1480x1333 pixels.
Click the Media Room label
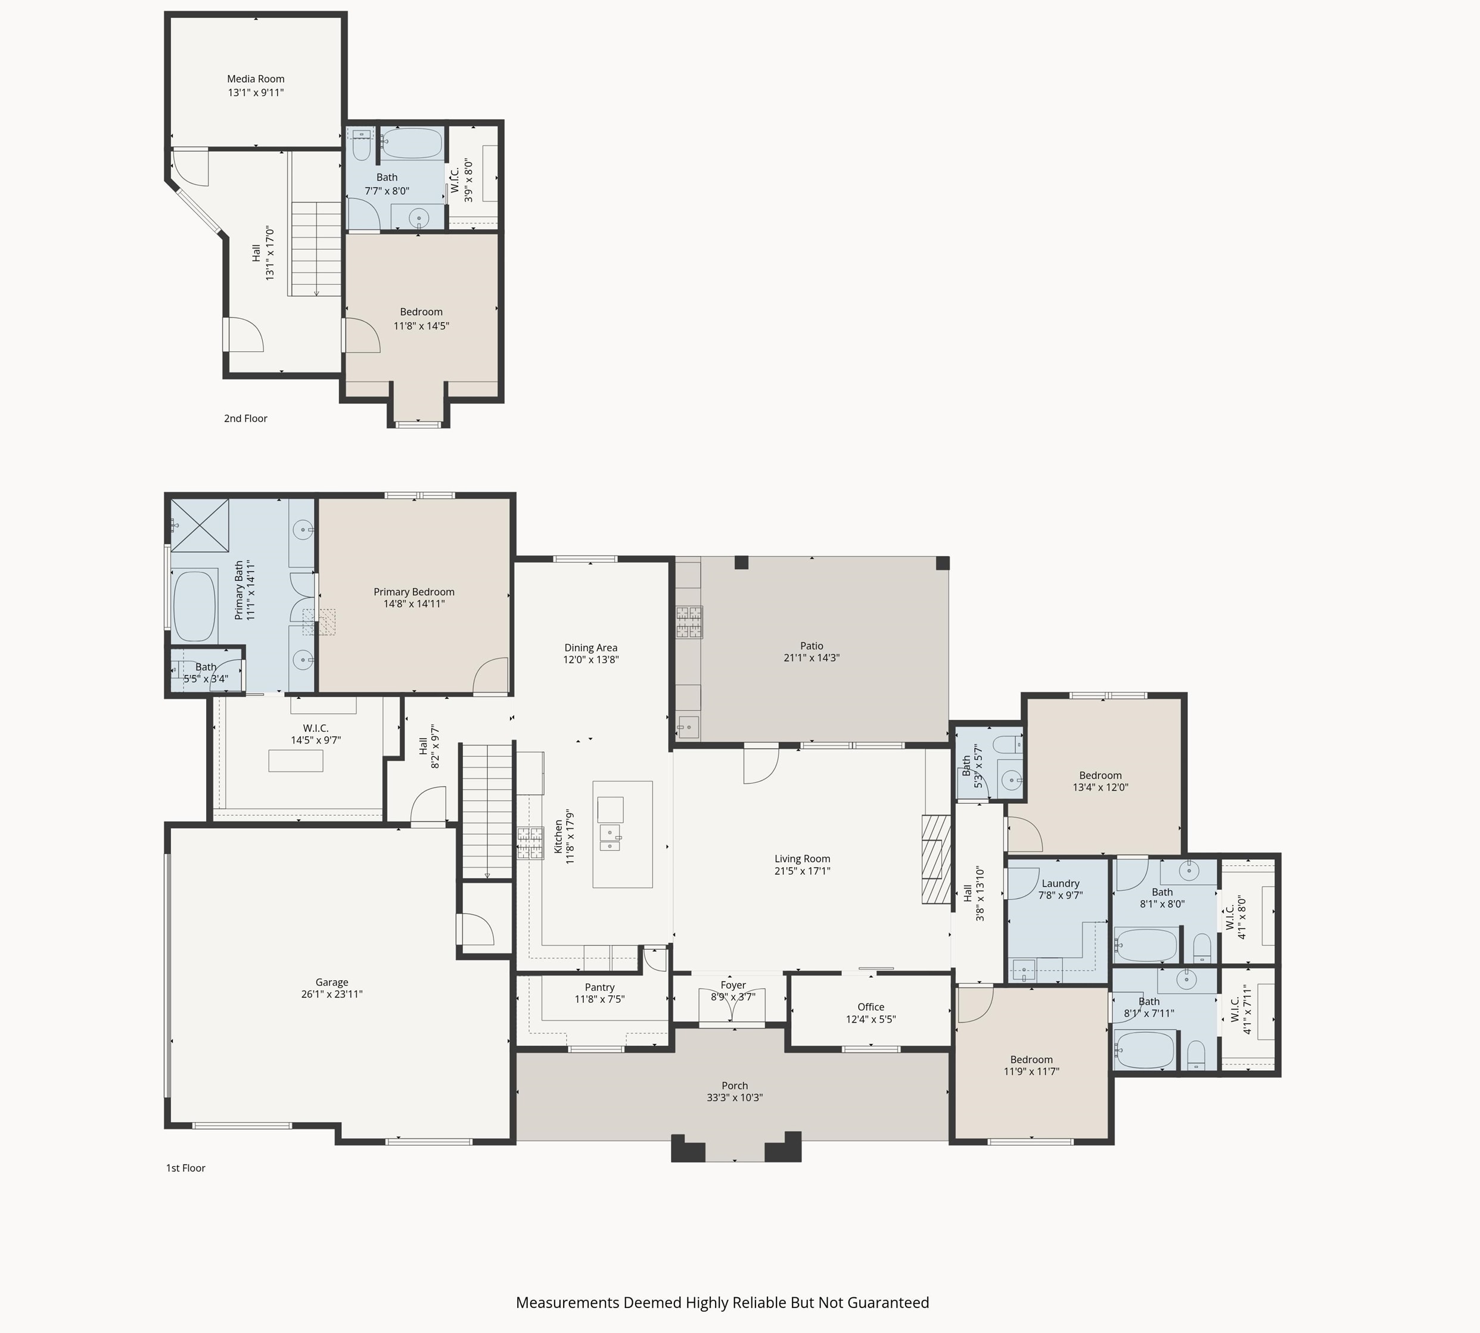(256, 79)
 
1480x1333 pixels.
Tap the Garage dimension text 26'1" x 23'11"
(332, 994)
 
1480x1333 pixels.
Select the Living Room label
(803, 859)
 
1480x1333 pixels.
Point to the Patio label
(811, 646)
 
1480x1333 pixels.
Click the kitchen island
(623, 834)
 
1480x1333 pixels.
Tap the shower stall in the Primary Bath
(200, 525)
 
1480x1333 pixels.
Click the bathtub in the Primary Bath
(194, 605)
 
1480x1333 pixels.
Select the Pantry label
(600, 987)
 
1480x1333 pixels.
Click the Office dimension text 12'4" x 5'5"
(870, 1019)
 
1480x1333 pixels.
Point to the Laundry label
(1061, 883)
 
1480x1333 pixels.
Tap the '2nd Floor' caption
(245, 418)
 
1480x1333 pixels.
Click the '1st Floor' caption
(185, 1167)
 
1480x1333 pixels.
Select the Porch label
(735, 1086)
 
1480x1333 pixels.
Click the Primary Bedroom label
(413, 592)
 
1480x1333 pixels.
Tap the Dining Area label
(591, 648)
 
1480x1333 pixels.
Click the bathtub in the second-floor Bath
(412, 144)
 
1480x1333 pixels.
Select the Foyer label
(733, 985)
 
